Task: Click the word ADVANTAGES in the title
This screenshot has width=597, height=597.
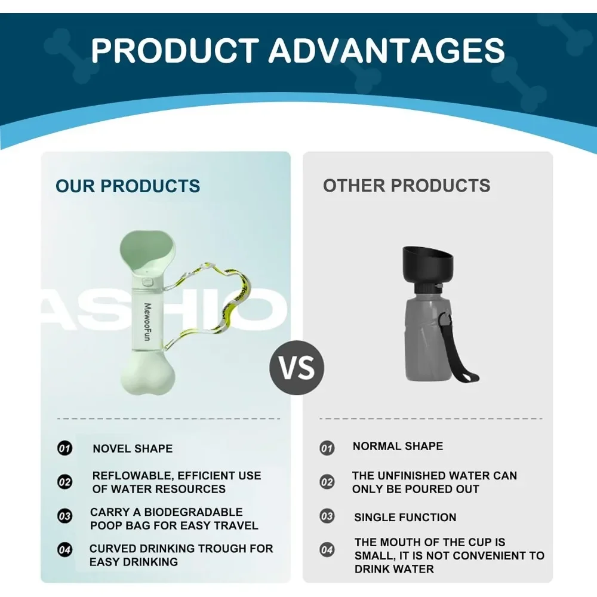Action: pyautogui.click(x=386, y=50)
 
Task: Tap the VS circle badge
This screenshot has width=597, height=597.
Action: pyautogui.click(x=297, y=367)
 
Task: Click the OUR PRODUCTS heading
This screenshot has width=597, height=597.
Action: pyautogui.click(x=128, y=186)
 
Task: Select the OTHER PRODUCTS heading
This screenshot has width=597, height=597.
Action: pyautogui.click(x=407, y=186)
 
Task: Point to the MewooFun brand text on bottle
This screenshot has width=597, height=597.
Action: pyautogui.click(x=147, y=322)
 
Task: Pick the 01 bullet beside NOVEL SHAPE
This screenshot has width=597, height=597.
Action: pyautogui.click(x=64, y=448)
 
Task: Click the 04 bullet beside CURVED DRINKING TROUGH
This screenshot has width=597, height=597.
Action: pyautogui.click(x=64, y=550)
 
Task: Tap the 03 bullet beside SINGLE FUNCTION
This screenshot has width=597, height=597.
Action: pyautogui.click(x=327, y=516)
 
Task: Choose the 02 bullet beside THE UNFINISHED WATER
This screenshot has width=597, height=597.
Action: pyautogui.click(x=327, y=482)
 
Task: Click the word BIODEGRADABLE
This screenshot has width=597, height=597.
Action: pyautogui.click(x=193, y=512)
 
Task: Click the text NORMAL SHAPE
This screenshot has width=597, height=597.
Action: pyautogui.click(x=398, y=446)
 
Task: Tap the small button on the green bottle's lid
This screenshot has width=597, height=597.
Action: pyautogui.click(x=147, y=282)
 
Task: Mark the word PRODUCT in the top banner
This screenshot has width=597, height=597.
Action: pyautogui.click(x=175, y=50)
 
